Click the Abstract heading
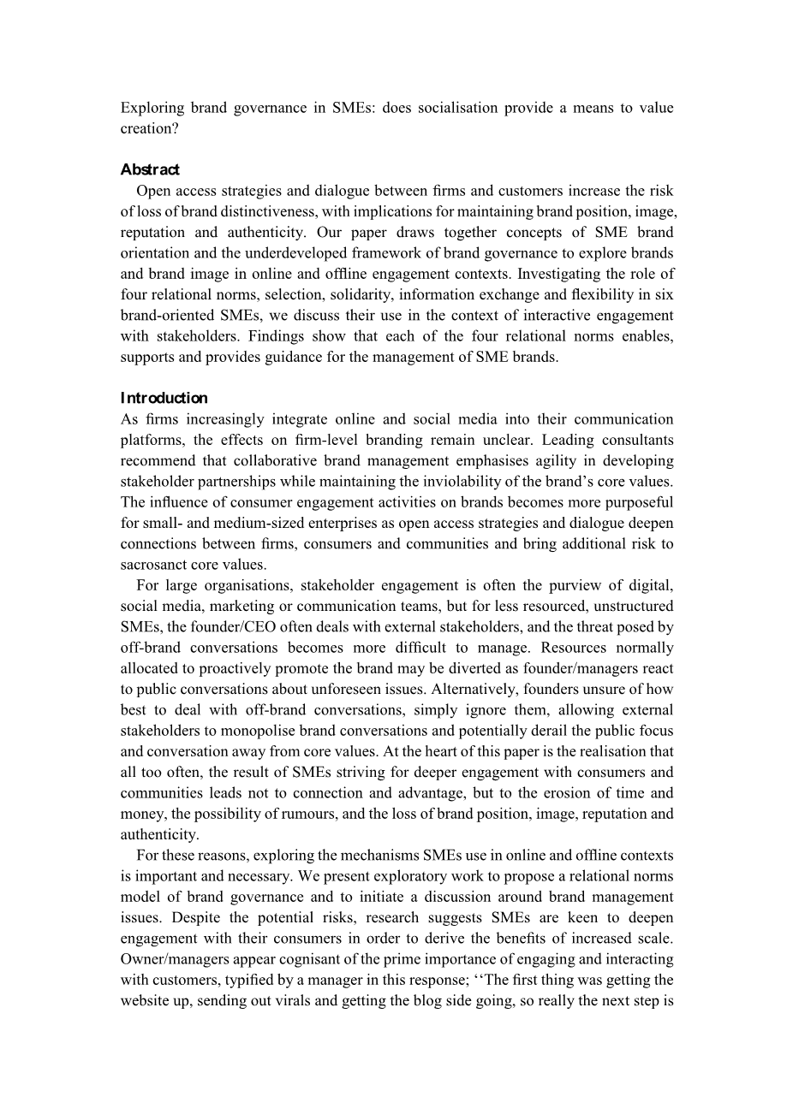(150, 169)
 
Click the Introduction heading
(164, 398)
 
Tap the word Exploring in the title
(152, 108)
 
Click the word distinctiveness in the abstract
(252, 211)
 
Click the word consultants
(633, 440)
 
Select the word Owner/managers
(176, 959)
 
